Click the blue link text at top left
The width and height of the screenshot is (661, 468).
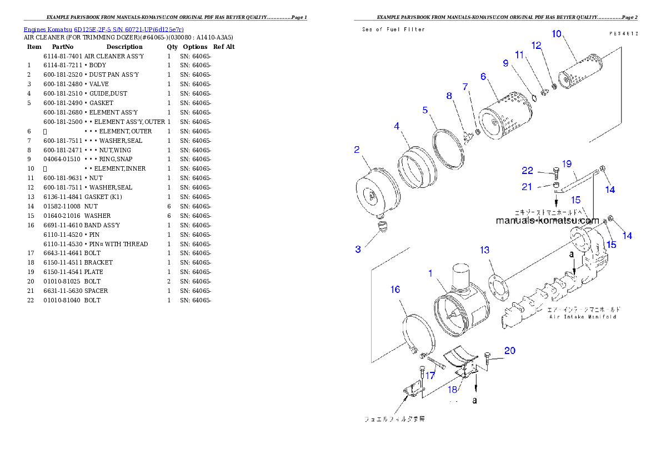pos(103,29)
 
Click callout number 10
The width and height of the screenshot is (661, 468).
pos(556,34)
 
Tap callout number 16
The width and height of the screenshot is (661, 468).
pos(395,290)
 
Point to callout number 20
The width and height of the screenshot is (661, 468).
pos(509,351)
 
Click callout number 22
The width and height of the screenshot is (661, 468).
pos(527,170)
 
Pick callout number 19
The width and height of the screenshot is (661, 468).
pos(566,163)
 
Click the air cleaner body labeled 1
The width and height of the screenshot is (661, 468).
pos(460,308)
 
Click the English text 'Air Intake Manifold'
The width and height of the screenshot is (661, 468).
pos(583,317)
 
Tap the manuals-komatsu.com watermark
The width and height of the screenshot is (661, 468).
pos(547,221)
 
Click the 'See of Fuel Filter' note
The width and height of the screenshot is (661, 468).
pos(393,29)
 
